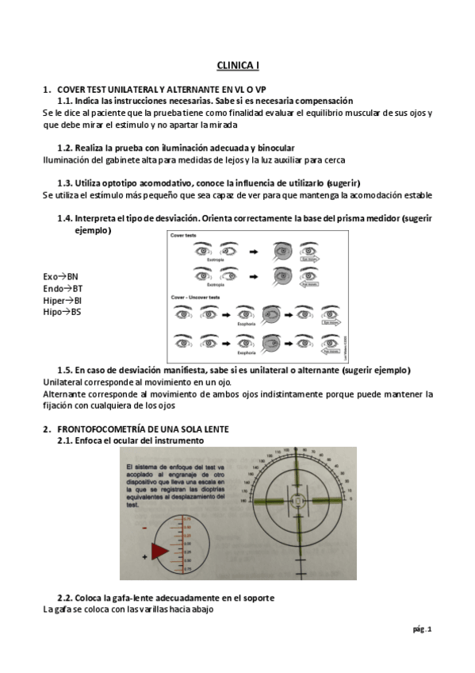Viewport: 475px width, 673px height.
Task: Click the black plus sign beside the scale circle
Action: point(144,558)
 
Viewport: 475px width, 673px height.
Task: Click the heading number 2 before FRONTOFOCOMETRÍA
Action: point(46,429)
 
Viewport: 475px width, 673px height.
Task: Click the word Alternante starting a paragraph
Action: point(63,394)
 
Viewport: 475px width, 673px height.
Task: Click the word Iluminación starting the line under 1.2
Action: point(67,159)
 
